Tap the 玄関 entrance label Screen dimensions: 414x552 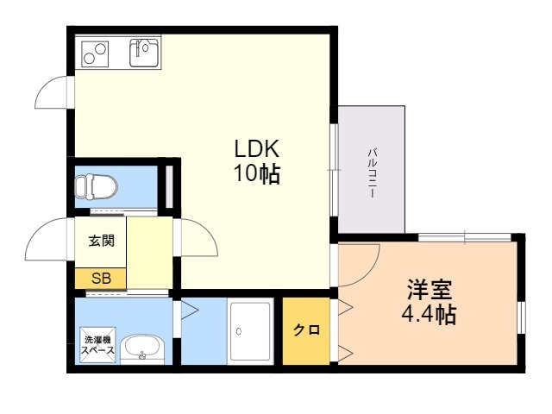[101, 242]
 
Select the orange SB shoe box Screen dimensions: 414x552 [101, 279]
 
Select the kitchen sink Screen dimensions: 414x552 [144, 53]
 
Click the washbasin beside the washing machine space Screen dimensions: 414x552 [141, 349]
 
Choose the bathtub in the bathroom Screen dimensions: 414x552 [251, 331]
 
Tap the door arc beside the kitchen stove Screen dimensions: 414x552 [53, 91]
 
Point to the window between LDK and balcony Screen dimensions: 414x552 [334, 169]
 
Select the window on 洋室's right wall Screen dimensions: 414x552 [520, 315]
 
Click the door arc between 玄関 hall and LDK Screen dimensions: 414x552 [194, 237]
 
